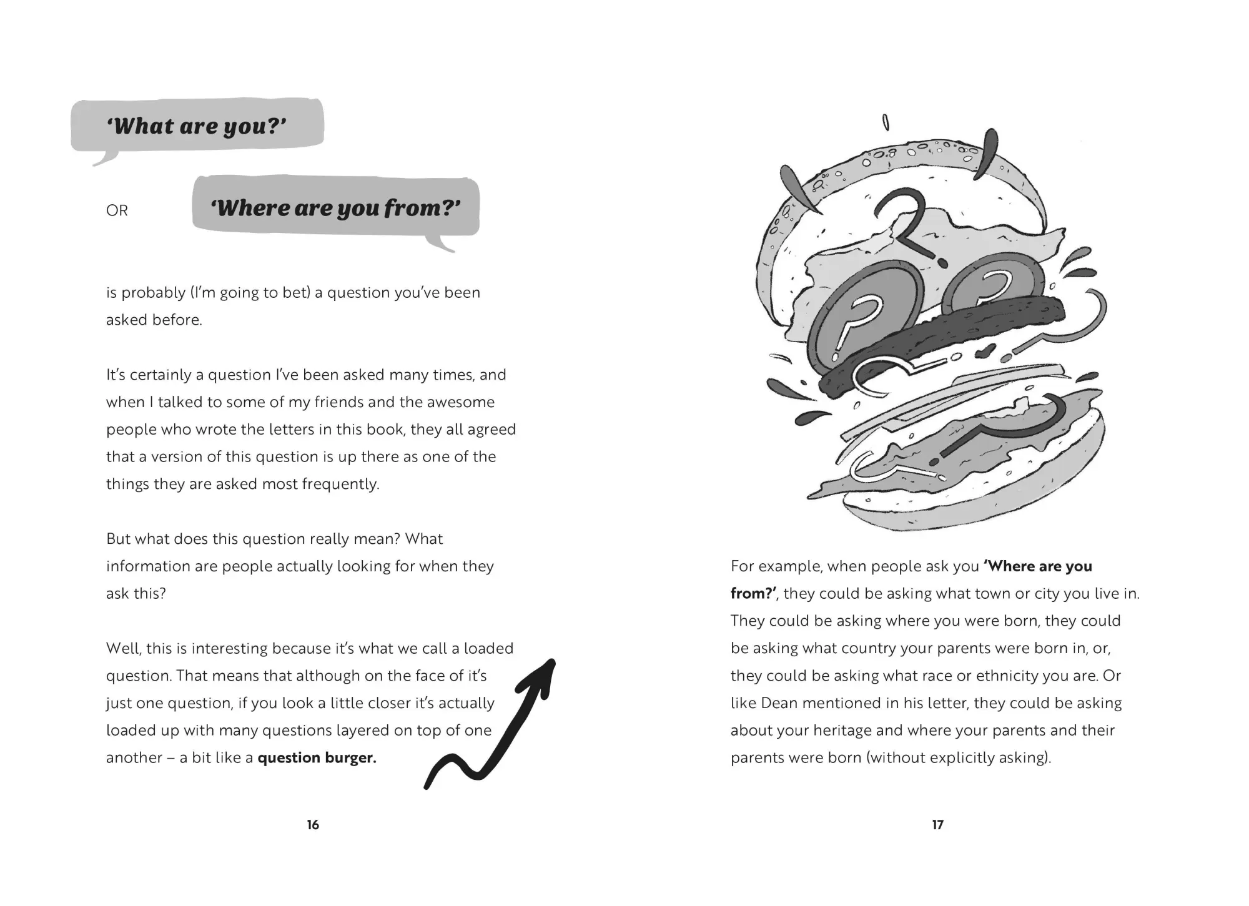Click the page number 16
coord(313,825)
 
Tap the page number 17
coord(937,825)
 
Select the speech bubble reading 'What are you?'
coord(197,128)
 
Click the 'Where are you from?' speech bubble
coord(336,209)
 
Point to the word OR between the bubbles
coord(117,210)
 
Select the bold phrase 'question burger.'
coord(317,758)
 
